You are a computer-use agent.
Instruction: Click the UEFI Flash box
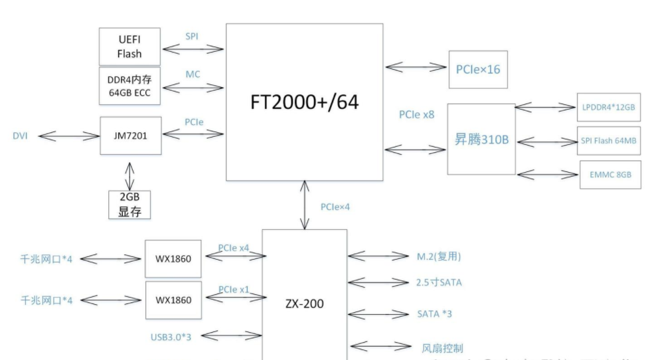tap(129, 46)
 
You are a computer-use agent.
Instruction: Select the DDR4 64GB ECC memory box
tap(129, 85)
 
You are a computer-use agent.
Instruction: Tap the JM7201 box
tap(130, 135)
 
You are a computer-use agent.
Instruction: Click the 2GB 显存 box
tap(130, 205)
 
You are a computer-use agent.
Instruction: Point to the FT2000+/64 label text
tap(304, 103)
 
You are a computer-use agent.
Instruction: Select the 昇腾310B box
tap(481, 139)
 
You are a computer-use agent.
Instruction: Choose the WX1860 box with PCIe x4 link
tap(173, 258)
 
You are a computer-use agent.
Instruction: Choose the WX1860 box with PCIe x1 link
tap(173, 300)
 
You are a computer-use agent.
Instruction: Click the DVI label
tap(21, 135)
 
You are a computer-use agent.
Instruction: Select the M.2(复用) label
tap(434, 256)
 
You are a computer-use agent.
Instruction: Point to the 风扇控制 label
tap(442, 348)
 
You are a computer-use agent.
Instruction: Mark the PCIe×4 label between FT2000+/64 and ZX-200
tap(335, 207)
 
